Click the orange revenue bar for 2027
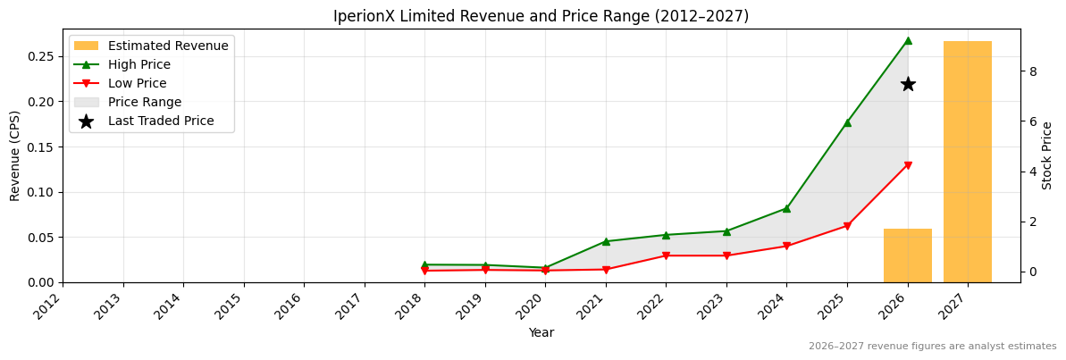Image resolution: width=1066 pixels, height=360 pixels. click(x=968, y=162)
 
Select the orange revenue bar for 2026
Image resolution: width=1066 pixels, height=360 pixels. click(x=908, y=255)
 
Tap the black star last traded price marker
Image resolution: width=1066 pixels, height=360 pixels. click(x=908, y=84)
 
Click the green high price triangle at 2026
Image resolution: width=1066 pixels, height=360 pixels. click(x=908, y=40)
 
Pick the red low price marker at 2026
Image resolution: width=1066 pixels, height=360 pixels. click(x=908, y=165)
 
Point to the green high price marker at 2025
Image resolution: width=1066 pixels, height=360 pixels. click(x=847, y=122)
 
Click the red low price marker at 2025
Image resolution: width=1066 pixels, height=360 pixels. click(x=847, y=226)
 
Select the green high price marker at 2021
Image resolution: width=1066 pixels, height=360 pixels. click(x=606, y=241)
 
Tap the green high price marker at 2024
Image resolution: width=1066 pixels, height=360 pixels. click(x=786, y=208)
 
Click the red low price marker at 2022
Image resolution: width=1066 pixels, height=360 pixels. click(x=666, y=256)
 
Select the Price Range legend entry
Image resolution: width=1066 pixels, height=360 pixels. click(x=145, y=102)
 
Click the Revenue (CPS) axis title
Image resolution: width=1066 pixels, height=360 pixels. click(x=15, y=155)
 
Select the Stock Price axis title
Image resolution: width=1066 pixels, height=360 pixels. click(x=1047, y=155)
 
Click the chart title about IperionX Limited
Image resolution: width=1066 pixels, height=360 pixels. click(x=541, y=16)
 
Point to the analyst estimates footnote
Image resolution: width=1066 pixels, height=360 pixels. click(x=932, y=347)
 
